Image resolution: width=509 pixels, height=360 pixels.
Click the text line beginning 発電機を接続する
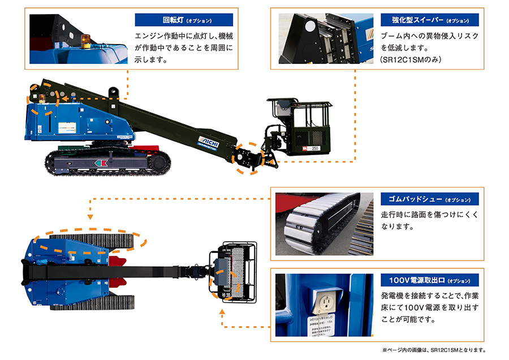(x=430, y=296)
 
